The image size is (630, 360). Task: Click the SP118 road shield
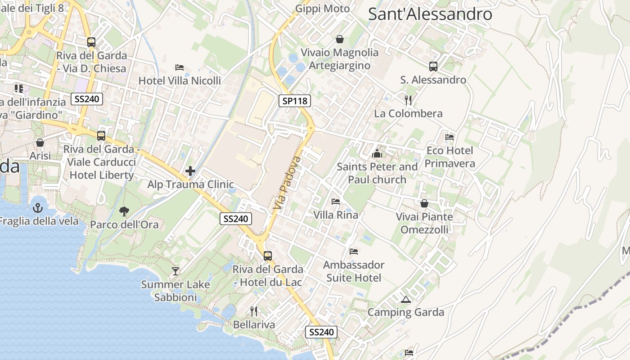295,101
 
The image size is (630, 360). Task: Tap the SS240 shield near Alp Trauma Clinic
236,219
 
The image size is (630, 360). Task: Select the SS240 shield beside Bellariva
321,332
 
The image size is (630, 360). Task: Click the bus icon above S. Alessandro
433,67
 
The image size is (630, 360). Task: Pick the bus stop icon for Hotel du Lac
268,256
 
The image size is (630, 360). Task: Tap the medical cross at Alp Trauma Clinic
190,171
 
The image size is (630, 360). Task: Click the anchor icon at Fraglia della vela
38,207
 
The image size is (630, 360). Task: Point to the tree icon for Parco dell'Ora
124,211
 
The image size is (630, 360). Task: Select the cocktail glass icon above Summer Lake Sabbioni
175,271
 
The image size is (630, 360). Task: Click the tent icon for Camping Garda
406,299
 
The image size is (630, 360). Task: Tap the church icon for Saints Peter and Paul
377,153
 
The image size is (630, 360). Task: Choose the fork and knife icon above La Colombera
408,100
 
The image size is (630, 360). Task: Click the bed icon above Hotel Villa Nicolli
180,67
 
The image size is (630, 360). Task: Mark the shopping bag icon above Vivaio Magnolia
340,39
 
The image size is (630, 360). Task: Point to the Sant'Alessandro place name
430,14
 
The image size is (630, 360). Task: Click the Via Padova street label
286,183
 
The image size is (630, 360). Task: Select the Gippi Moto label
322,9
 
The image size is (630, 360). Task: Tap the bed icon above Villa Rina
336,201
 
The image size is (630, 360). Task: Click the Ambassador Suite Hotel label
354,271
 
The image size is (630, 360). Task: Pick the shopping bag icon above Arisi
40,143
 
